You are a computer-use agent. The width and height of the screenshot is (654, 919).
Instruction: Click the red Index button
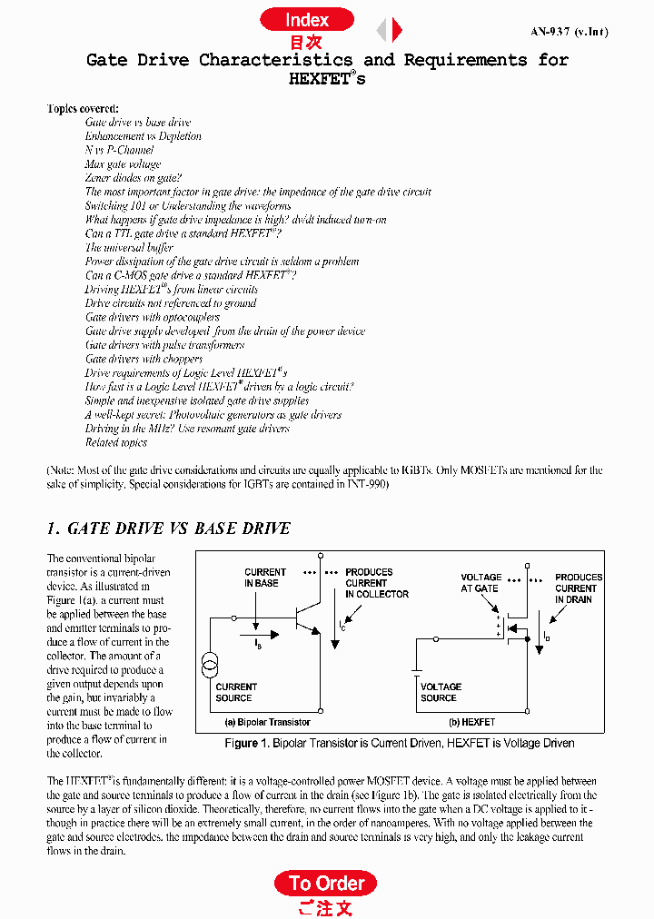307,20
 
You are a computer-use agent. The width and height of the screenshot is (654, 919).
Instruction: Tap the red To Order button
325,883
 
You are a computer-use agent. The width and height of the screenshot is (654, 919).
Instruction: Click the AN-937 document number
569,32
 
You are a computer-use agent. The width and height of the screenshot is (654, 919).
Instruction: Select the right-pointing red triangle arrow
397,31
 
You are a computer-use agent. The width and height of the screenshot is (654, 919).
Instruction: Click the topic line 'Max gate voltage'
123,164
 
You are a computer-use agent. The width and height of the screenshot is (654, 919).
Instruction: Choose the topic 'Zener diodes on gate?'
133,178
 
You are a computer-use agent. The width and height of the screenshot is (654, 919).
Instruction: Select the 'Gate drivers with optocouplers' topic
153,317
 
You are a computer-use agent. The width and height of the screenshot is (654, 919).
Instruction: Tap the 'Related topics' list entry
116,442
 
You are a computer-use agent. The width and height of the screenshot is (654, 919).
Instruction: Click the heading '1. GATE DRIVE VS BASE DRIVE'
168,529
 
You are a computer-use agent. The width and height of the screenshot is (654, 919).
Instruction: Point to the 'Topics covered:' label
83,108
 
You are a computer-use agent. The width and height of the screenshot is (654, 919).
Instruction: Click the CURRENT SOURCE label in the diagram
236,692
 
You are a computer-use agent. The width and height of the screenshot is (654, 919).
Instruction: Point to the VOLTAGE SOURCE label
441,692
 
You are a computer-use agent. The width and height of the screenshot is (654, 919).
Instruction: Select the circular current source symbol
210,666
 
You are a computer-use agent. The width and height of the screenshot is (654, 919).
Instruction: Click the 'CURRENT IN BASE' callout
264,578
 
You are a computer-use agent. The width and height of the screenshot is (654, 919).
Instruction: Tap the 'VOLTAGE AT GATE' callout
481,582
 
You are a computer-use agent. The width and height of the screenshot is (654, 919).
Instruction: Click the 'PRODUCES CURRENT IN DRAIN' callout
578,588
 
